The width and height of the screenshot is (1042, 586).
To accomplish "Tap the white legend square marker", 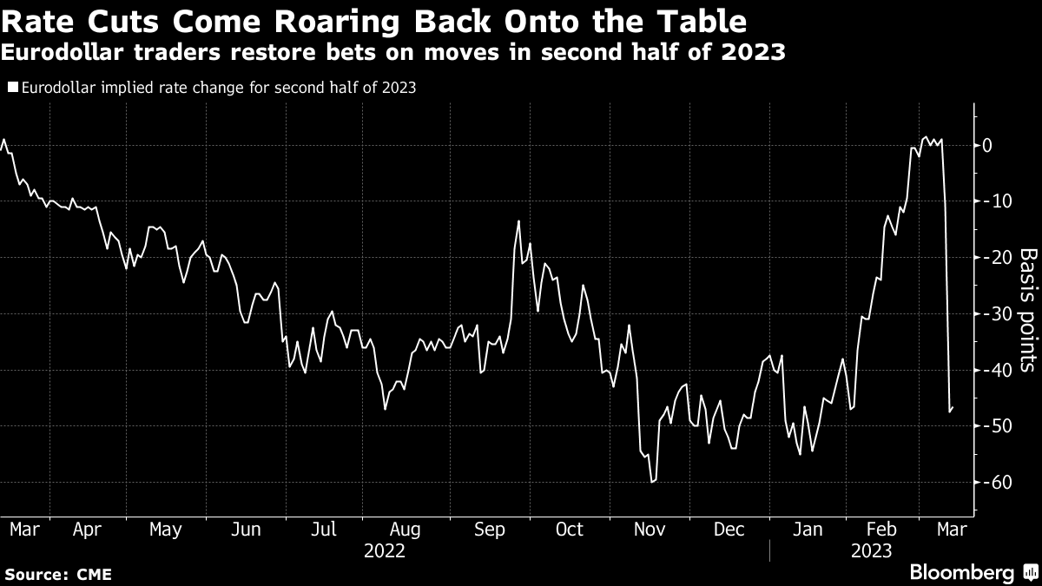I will [12, 87].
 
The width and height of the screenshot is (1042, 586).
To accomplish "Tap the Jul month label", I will [324, 529].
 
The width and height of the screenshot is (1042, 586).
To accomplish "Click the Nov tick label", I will [649, 529].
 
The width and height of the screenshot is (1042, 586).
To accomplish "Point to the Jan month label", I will [808, 529].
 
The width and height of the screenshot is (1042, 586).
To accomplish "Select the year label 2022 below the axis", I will [384, 550].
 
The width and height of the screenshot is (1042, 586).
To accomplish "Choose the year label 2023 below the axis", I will [871, 550].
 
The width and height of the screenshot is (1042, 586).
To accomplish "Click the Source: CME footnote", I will [57, 575].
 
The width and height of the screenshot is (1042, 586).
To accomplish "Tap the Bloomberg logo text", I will [961, 573].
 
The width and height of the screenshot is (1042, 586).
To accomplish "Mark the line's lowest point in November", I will [651, 482].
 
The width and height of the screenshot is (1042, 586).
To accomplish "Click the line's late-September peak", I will [518, 221].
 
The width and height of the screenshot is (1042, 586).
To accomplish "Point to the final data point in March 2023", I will [953, 407].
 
